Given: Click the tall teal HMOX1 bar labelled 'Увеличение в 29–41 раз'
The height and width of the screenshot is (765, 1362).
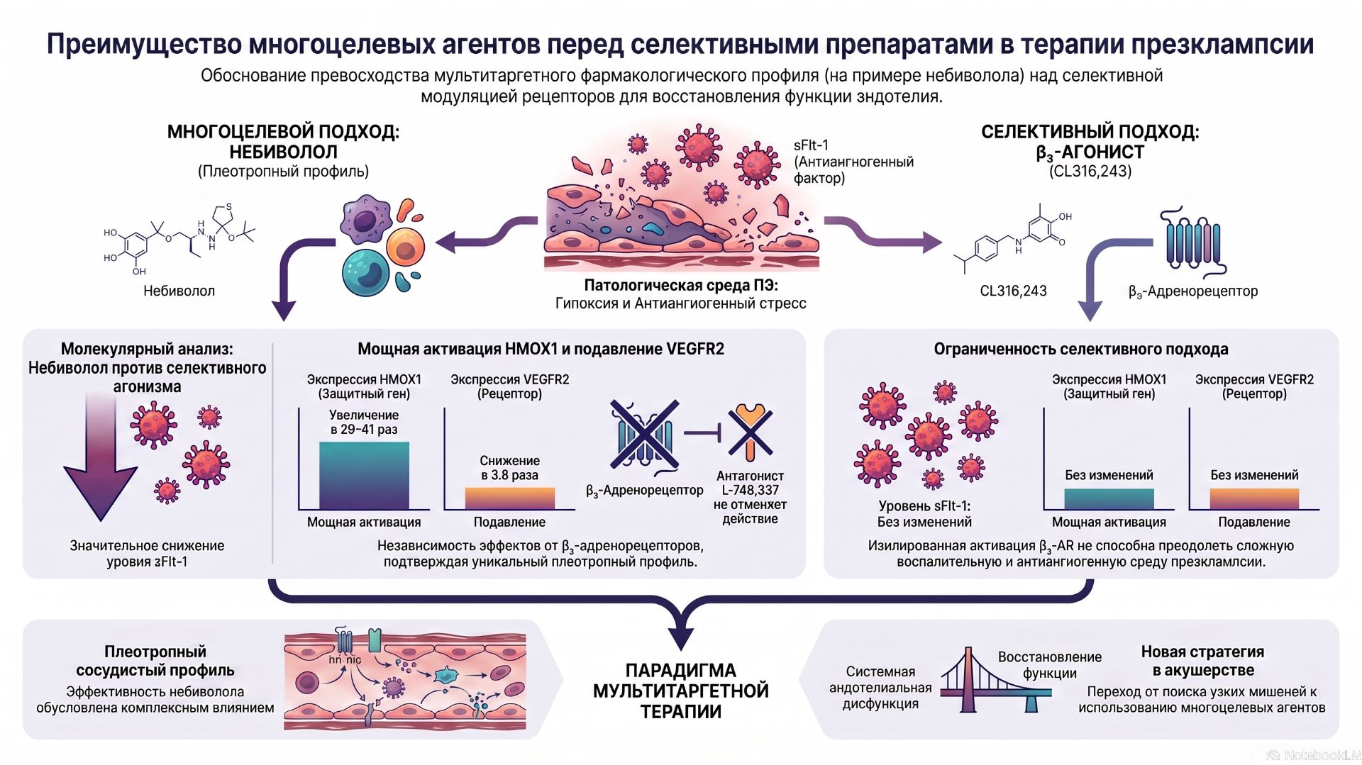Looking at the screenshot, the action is [x=364, y=475].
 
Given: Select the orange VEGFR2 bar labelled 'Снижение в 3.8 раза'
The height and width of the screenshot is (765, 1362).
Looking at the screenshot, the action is [x=509, y=498].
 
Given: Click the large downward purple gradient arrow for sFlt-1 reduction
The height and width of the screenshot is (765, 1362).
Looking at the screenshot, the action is [x=100, y=457].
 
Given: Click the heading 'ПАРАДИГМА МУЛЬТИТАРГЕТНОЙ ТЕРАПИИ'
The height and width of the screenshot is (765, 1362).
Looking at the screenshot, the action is [x=680, y=691].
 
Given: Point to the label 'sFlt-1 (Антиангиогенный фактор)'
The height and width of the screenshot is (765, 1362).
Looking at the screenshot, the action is [x=853, y=162].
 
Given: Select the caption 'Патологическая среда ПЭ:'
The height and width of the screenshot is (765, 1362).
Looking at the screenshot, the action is [x=680, y=285].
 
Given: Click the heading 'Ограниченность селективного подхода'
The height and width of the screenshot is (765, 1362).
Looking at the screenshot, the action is [x=1080, y=349].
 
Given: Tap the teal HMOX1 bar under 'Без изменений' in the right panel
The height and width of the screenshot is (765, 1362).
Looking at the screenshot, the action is [x=1109, y=498].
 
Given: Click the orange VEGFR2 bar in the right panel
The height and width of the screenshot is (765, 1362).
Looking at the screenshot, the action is [x=1254, y=498].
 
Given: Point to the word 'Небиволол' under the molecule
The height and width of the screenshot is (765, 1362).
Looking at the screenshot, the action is [x=179, y=291].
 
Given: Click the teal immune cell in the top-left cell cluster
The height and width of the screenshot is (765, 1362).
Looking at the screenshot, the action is [x=365, y=270].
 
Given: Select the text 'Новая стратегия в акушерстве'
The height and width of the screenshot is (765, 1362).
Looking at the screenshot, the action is [x=1202, y=661].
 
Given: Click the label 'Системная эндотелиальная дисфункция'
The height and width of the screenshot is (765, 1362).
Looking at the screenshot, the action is [x=880, y=687].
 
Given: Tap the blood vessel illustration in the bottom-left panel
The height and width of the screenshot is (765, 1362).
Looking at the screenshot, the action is [x=405, y=681].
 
